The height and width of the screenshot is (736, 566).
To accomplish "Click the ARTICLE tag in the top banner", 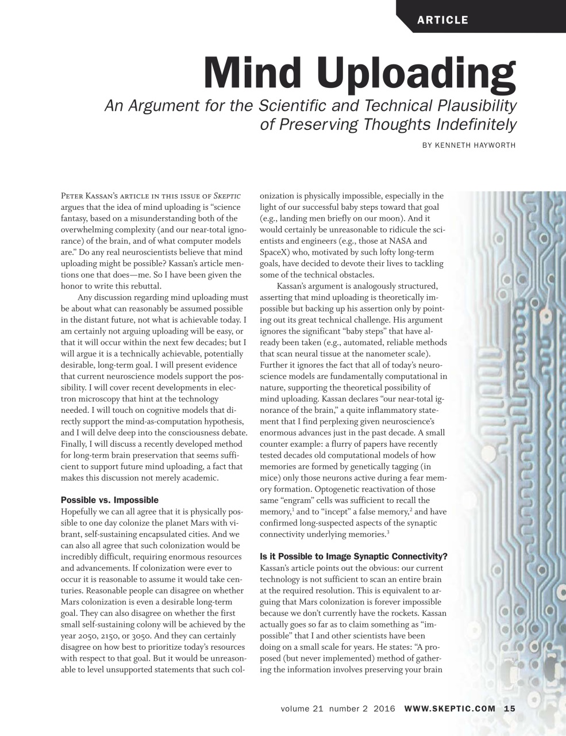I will pos(442,20).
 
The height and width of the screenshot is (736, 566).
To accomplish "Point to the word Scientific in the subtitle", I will pos(301,106).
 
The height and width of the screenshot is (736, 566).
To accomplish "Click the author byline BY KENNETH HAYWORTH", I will pos(469,145).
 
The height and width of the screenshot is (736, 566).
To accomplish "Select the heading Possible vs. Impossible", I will pos(109,500).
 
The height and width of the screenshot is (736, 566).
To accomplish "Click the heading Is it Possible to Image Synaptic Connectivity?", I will pos(353,557).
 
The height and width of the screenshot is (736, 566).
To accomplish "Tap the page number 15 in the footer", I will pos(510,708).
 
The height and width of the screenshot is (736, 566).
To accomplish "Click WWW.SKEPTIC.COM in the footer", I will pos(450,708).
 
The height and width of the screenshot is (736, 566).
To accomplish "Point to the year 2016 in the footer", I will pos(384,708).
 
